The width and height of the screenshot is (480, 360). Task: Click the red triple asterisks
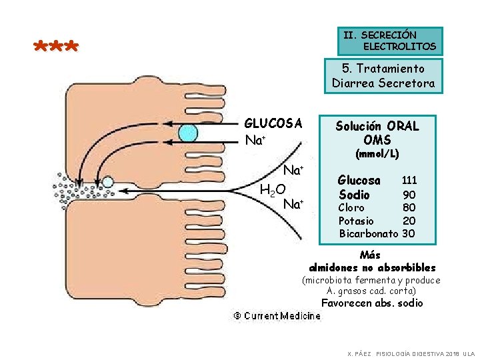(x=56, y=47)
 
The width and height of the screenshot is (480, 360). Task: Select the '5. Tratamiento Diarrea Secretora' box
(x=383, y=76)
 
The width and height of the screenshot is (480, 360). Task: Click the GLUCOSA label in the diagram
(x=273, y=123)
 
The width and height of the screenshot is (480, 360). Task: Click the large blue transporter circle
(x=188, y=133)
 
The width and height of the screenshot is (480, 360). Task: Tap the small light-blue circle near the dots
(x=107, y=181)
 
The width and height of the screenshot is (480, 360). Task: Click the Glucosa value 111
(x=409, y=181)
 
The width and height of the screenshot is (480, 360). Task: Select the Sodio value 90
(x=409, y=195)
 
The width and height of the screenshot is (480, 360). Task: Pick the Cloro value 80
(x=409, y=208)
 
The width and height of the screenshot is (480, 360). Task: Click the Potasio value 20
(x=409, y=221)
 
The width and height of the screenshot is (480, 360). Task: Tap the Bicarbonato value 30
(x=409, y=233)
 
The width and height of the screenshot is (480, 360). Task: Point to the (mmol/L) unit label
(x=377, y=154)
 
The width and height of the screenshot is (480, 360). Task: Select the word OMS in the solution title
(x=377, y=139)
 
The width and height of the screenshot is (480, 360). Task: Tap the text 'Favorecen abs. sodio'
(x=371, y=303)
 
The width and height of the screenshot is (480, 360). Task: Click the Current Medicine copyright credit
(x=276, y=316)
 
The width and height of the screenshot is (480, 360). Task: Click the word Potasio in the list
(x=357, y=221)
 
